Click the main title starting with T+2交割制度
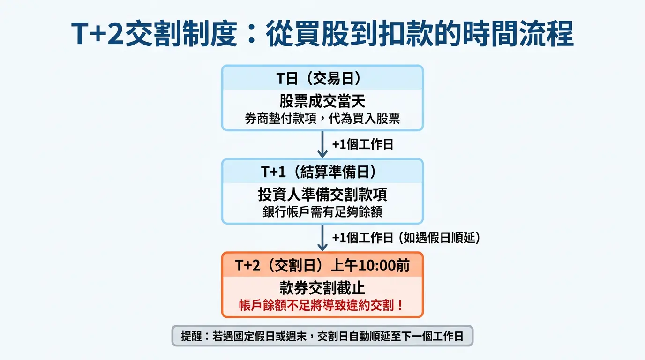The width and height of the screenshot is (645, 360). click(322, 34)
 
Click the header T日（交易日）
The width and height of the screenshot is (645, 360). click(322, 78)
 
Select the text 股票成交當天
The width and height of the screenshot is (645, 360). click(322, 101)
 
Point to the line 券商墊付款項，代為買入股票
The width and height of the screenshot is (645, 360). click(322, 118)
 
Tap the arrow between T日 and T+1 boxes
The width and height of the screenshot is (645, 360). click(322, 144)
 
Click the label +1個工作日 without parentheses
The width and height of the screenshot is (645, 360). click(362, 144)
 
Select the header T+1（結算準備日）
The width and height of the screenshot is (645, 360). click(322, 172)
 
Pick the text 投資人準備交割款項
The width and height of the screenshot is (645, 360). click(322, 195)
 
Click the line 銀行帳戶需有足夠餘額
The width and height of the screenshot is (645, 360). click(322, 211)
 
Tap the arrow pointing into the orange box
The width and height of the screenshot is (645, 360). click(322, 238)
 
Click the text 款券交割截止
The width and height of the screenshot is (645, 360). click(322, 288)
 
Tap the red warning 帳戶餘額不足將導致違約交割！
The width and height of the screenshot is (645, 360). click(322, 305)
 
